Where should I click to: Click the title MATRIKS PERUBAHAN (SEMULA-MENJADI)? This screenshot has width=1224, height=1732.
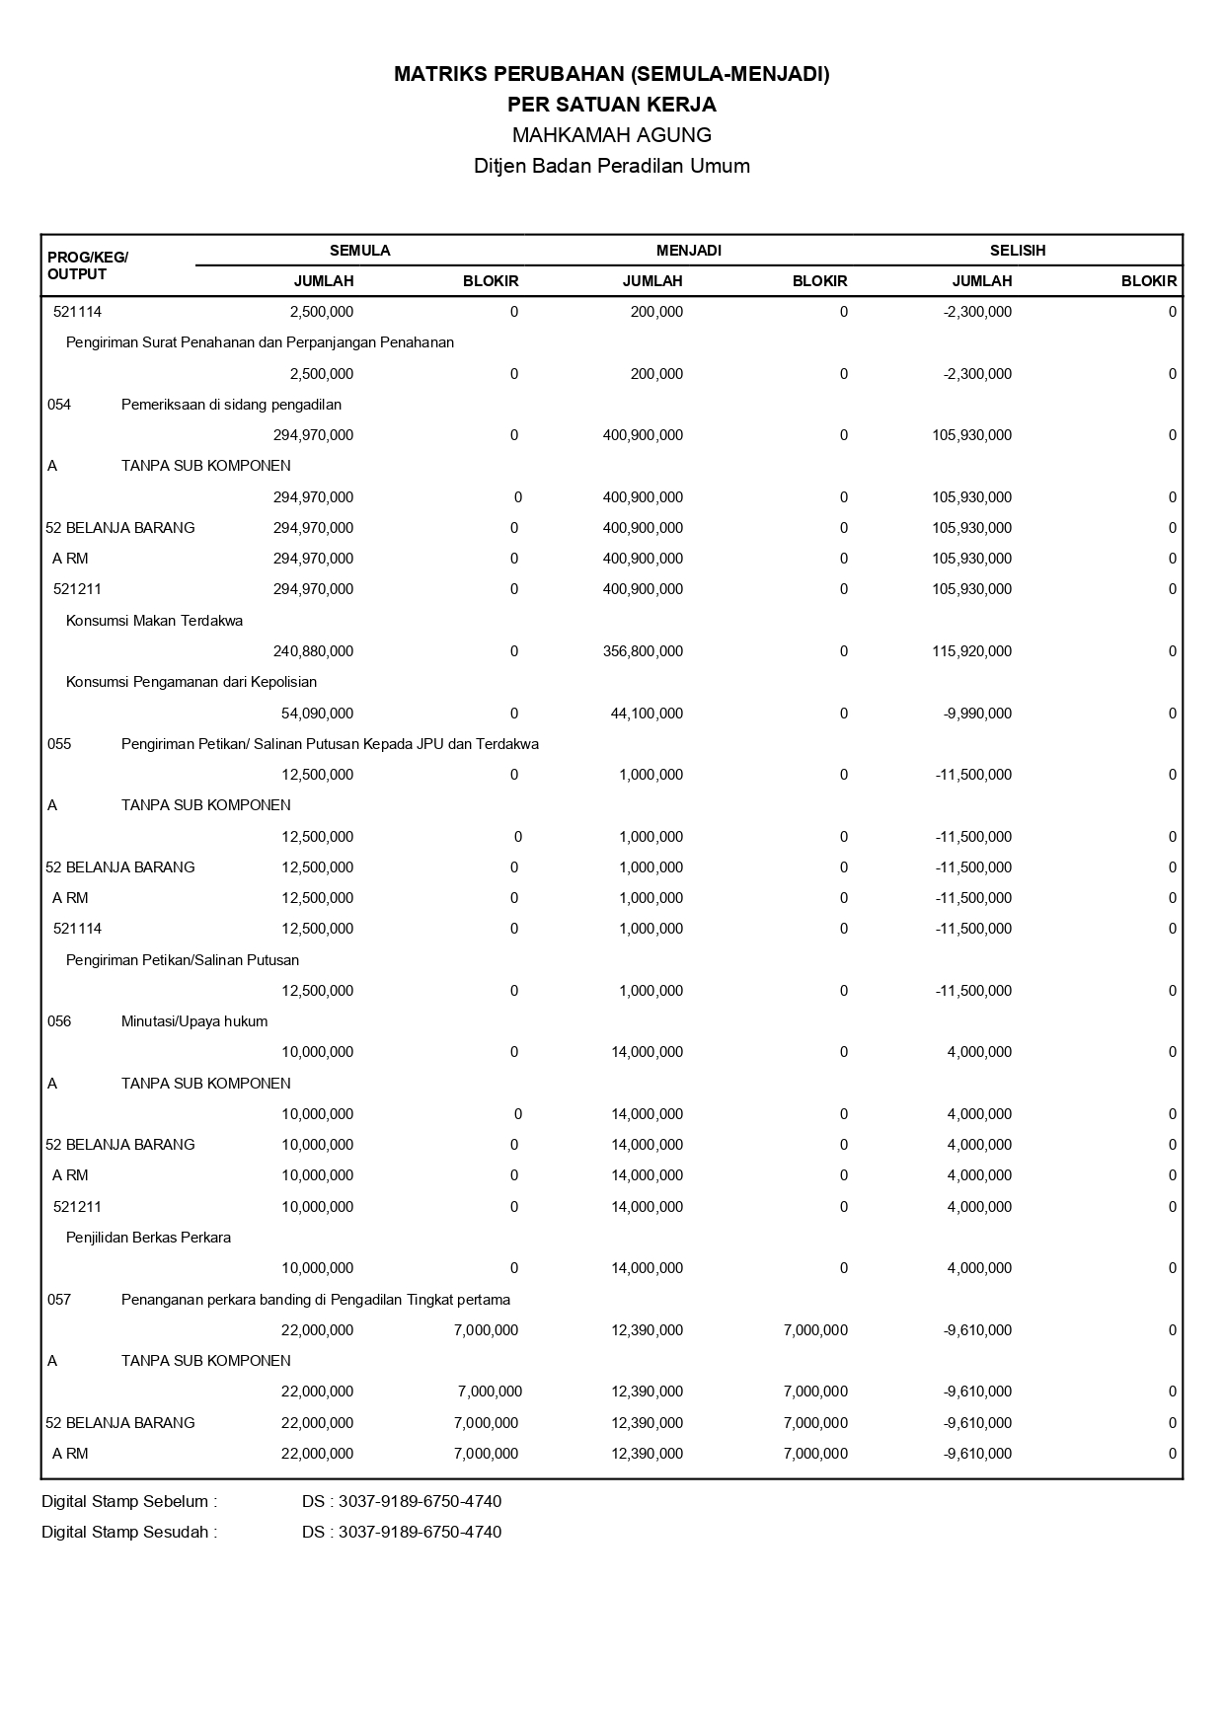(611, 74)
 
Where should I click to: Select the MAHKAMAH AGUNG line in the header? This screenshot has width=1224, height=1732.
(611, 134)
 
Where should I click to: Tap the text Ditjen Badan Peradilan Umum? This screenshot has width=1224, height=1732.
(611, 166)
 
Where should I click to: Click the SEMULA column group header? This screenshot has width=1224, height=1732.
(359, 251)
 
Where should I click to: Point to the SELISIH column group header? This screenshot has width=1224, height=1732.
(1017, 251)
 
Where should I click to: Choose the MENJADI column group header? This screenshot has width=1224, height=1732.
(688, 251)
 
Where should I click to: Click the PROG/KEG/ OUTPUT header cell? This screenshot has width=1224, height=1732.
(87, 265)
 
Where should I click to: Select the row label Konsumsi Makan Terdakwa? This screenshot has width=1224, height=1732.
(154, 621)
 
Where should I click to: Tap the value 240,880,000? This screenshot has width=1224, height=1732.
(313, 651)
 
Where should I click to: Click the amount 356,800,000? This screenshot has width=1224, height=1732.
(643, 651)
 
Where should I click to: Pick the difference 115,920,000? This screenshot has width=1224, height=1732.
(971, 651)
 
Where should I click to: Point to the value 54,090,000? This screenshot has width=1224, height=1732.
(317, 714)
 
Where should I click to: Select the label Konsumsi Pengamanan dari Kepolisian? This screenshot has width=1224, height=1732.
(191, 682)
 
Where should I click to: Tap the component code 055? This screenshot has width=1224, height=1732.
(59, 744)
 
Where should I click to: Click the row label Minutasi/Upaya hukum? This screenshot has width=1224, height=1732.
(194, 1021)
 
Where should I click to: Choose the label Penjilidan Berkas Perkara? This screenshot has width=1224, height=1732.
(148, 1238)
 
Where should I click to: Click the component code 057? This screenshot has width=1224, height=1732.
(59, 1300)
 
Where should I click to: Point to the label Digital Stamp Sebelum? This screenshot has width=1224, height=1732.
(128, 1502)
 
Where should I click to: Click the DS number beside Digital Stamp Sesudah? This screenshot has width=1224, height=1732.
(402, 1533)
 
